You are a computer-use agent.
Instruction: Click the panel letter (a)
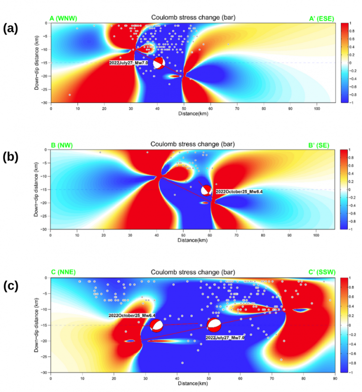[10, 29]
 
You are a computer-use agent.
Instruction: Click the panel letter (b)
[10, 157]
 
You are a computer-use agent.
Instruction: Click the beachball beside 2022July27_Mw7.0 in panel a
[159, 63]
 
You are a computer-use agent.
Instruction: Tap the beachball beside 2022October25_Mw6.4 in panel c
[156, 325]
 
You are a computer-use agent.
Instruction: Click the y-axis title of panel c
[36, 325]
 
